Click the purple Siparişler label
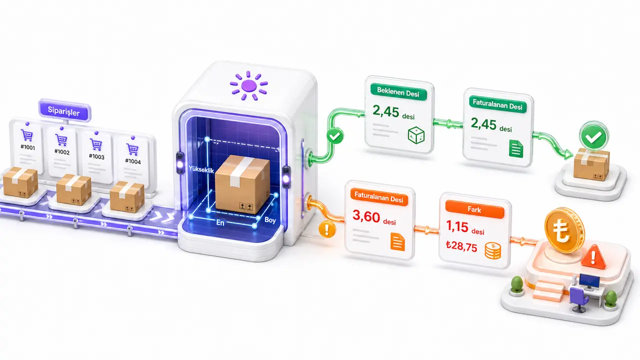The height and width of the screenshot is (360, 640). pos(64,110)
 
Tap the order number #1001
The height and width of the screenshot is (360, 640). pos(27,147)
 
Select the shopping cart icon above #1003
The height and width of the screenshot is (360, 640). pos(96,144)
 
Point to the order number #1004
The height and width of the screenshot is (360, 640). pos(133,161)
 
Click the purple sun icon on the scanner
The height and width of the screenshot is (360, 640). pos(248,85)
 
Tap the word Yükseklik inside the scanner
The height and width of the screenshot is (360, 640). pos(201,169)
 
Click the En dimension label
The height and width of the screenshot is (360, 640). pos(220,222)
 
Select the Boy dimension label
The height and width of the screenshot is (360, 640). pos(270,220)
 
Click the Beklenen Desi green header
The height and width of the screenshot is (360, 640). pos(398,92)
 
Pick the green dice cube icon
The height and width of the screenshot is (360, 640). pos(416,135)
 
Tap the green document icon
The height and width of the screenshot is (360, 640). pos(516,148)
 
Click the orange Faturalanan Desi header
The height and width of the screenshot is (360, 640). pos(379,197)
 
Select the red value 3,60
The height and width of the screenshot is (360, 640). pos(366,216)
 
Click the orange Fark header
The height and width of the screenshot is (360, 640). pos(474,209)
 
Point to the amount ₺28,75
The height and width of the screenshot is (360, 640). pos(461,246)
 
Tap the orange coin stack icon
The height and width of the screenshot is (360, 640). pos(493,250)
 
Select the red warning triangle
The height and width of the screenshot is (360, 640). pos(593,256)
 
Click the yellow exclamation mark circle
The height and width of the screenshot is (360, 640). pos(327,229)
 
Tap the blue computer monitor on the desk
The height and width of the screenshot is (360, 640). pos(589,280)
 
